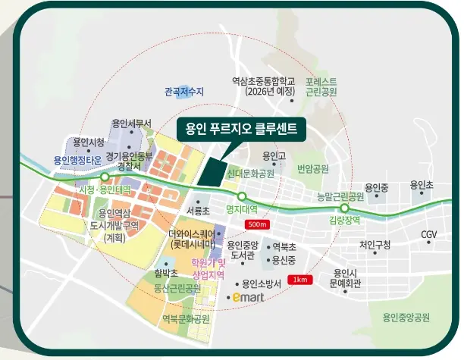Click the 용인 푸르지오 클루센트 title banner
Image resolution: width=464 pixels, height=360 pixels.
click(x=240, y=128)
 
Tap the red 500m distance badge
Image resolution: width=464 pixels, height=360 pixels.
click(x=258, y=225)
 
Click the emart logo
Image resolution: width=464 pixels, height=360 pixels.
click(x=249, y=298)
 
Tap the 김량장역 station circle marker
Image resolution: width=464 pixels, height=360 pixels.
click(x=344, y=208)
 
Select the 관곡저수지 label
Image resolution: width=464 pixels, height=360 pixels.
click(x=184, y=92)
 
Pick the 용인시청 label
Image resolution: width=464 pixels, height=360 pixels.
click(x=89, y=142)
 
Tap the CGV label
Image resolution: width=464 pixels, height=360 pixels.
click(x=431, y=235)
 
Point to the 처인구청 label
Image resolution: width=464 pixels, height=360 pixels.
click(x=375, y=244)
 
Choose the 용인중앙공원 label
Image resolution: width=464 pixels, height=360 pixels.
click(x=406, y=318)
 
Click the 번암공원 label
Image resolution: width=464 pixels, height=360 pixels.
click(x=313, y=168)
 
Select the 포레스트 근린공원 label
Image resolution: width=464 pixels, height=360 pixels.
click(x=321, y=86)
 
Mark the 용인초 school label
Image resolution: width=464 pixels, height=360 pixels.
click(x=422, y=185)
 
